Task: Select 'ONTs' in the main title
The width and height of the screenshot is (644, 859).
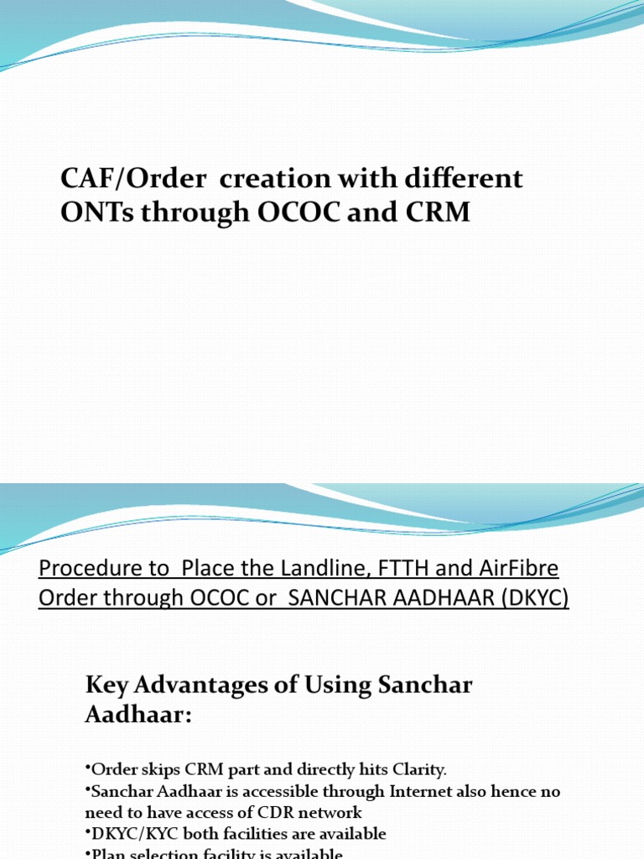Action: tap(99, 213)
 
